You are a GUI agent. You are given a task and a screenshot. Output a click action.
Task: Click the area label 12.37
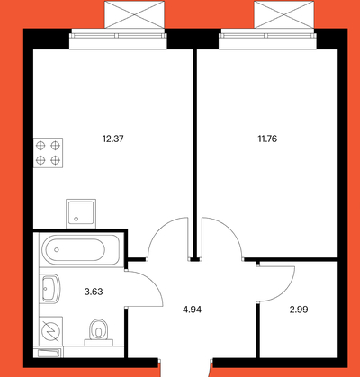coord(112,139)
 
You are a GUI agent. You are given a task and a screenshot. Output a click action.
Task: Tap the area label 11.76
coord(267,139)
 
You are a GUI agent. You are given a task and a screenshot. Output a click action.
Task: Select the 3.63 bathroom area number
coord(94,292)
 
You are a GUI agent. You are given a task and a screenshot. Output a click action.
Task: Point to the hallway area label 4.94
coord(192,310)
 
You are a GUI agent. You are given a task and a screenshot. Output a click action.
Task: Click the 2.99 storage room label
coord(299,310)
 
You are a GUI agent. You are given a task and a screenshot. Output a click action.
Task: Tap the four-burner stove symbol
coord(48,153)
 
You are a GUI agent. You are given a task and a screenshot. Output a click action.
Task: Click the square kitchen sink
coord(81,213)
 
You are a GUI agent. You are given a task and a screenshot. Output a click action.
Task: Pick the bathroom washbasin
coord(50,289)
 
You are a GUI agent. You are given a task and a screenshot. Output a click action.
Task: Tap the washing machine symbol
coord(51,331)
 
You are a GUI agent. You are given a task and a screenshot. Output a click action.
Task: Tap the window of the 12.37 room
coord(118,40)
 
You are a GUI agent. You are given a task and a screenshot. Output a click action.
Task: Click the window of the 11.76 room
coord(268,40)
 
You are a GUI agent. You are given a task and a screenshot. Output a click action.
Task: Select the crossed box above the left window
coord(135,14)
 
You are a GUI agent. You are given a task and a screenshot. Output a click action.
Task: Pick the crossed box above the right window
coord(284,14)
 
